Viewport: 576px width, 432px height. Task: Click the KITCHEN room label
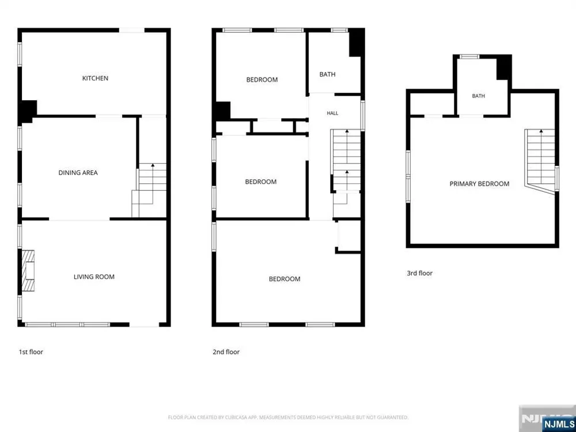click(95, 78)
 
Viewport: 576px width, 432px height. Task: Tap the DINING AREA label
click(78, 173)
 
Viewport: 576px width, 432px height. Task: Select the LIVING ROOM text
click(94, 277)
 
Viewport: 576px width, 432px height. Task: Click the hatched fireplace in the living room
click(28, 271)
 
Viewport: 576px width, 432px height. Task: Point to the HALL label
click(332, 113)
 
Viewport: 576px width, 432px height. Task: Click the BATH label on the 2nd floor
click(327, 74)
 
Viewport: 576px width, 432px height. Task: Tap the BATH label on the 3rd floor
click(478, 96)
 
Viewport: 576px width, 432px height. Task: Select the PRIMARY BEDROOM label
click(479, 184)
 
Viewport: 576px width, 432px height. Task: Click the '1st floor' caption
click(31, 352)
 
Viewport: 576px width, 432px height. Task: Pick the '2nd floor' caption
click(226, 352)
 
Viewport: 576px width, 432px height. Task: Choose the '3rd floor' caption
click(419, 273)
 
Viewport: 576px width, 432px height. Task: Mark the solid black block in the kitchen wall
click(28, 111)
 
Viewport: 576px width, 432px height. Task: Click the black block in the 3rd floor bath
click(504, 67)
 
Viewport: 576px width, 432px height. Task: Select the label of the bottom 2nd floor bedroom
click(285, 279)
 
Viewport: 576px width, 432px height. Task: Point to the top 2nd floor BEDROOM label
click(262, 79)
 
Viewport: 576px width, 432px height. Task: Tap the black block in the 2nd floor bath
click(356, 43)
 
